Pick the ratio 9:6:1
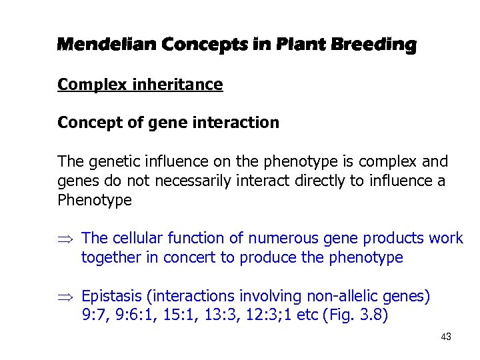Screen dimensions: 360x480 (x=133, y=315)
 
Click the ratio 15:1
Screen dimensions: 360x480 (x=177, y=315)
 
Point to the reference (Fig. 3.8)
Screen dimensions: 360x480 (x=354, y=315)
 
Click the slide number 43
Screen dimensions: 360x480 (x=446, y=337)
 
